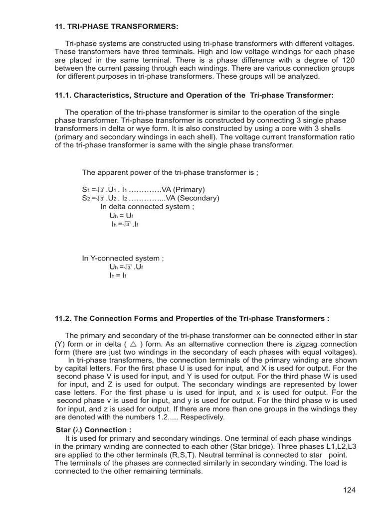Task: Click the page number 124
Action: (349, 490)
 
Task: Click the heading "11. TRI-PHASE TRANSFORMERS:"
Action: (116, 26)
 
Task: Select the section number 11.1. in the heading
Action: (65, 95)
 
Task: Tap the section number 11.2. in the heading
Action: (65, 318)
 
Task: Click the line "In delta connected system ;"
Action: (146, 207)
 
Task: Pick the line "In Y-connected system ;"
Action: (123, 258)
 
